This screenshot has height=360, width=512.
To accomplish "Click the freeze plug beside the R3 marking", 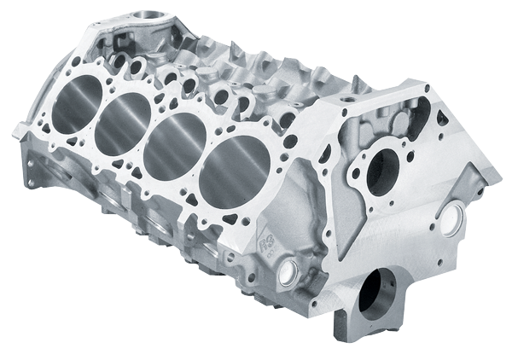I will [x=288, y=272].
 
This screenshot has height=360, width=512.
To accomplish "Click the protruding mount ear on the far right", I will [x=490, y=173].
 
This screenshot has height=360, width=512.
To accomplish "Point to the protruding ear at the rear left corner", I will [x=20, y=131].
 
